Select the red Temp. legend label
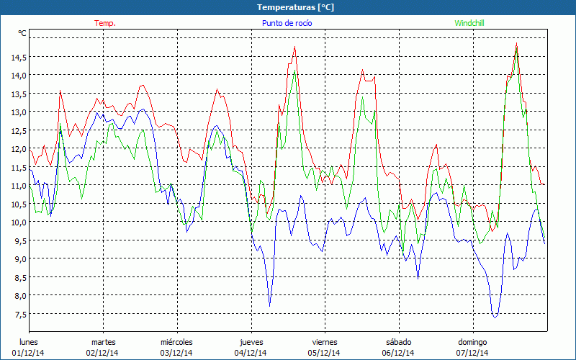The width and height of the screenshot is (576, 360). (105, 23)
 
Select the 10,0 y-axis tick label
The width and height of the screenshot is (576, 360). (18, 222)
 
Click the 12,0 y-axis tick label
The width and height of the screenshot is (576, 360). (18, 148)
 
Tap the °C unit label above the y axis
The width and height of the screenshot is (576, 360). (22, 33)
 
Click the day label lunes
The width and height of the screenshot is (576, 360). (29, 342)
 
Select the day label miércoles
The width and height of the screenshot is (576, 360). (176, 342)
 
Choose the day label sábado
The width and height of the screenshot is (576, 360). (398, 342)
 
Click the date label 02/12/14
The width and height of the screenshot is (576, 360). (103, 353)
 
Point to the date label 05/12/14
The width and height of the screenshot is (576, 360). (325, 353)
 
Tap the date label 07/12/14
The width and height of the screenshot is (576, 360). (472, 353)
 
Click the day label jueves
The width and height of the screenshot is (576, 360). (251, 342)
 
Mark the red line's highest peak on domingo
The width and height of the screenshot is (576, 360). (517, 44)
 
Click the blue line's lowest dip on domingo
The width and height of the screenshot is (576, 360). (495, 317)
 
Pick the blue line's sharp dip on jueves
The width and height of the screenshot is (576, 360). (270, 306)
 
